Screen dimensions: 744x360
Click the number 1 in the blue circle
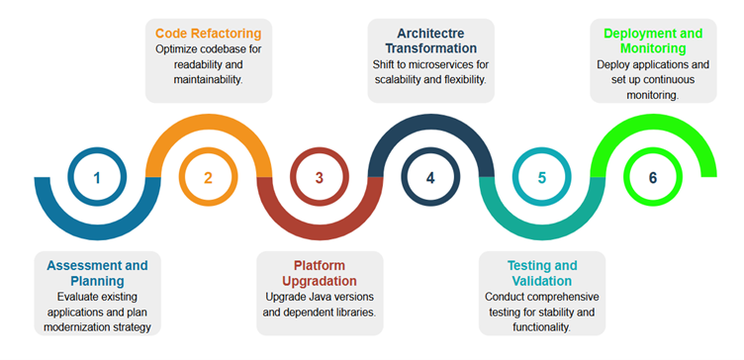point(97,178)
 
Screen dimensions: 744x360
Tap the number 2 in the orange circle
point(208,178)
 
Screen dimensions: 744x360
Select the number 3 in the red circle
point(320,178)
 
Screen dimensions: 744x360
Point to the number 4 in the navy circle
point(430,178)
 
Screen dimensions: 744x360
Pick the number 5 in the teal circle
point(541,178)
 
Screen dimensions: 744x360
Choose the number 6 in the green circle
point(653,178)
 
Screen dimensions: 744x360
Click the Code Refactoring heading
point(208,33)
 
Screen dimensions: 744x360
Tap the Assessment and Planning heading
point(97,273)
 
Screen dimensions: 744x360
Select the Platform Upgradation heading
point(319,273)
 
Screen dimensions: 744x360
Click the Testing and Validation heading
point(541,273)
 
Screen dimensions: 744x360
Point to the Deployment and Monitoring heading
point(653,41)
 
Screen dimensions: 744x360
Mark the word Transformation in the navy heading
point(430,47)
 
